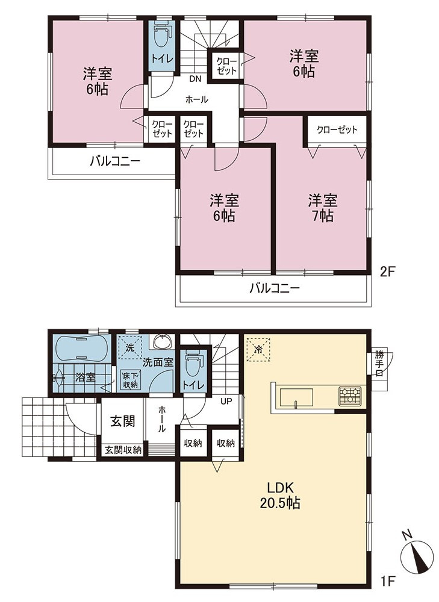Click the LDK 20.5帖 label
coord(281,495)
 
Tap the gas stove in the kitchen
coord(350,396)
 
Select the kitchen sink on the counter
coord(296,397)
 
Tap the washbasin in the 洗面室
coord(164,341)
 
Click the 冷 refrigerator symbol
coord(258,349)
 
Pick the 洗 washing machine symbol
coord(130,348)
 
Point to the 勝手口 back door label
coord(379,364)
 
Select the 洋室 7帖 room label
coord(323,208)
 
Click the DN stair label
coord(195,79)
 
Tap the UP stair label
coord(226,402)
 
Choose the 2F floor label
coord(387,272)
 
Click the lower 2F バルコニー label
coord(274,288)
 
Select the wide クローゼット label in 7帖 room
coord(337,129)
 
